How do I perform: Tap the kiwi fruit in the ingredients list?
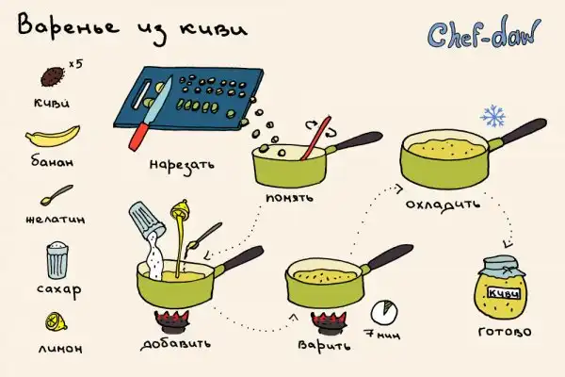52,76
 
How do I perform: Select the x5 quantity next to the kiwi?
75,64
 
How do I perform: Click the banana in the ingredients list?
53,137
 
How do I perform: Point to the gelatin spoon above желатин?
56,195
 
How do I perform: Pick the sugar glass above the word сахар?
57,260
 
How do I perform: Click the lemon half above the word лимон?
56,321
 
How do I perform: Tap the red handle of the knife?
139,136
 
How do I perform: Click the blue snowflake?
492,116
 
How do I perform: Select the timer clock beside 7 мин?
385,312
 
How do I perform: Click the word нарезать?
182,166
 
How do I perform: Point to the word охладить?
443,205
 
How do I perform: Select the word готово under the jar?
505,331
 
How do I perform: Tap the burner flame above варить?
329,320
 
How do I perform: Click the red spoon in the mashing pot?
316,139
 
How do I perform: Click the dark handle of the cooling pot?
525,130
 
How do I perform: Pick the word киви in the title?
214,30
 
